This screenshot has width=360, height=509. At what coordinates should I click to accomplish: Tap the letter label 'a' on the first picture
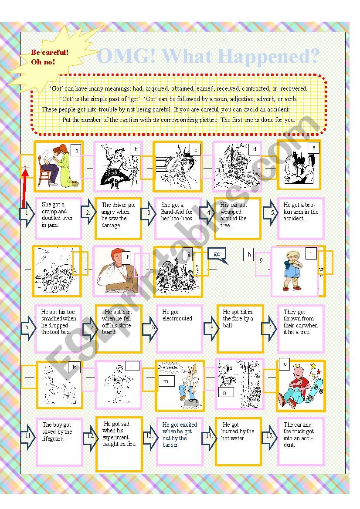tap(77, 151)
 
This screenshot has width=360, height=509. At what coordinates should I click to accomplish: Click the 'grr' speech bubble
tap(217, 255)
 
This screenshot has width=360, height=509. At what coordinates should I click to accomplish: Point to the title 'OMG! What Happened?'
tap(208, 57)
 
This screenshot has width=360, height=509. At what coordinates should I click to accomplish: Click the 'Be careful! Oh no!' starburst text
tap(49, 57)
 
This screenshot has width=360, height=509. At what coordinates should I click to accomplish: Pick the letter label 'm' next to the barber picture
tap(166, 381)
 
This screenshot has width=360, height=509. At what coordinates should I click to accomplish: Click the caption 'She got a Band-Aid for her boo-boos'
tap(177, 212)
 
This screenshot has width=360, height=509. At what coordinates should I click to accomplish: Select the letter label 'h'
tap(250, 255)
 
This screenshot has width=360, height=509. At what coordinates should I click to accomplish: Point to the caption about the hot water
tap(238, 431)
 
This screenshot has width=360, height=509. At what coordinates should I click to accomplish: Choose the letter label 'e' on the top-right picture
tap(313, 148)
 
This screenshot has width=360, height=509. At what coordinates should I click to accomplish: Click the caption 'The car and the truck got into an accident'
tap(299, 435)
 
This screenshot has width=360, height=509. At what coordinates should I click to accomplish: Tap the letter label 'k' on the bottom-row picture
tap(74, 367)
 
